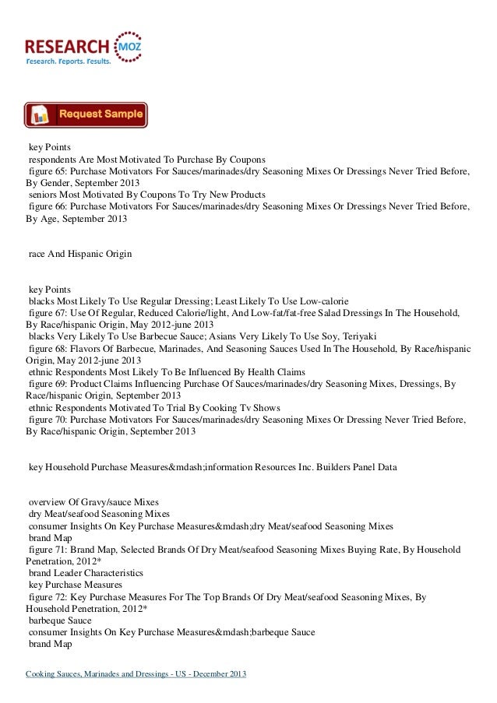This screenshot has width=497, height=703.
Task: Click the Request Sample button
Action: point(86,114)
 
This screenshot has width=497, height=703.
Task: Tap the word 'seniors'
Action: point(43,194)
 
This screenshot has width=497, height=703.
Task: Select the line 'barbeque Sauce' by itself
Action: point(60,621)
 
